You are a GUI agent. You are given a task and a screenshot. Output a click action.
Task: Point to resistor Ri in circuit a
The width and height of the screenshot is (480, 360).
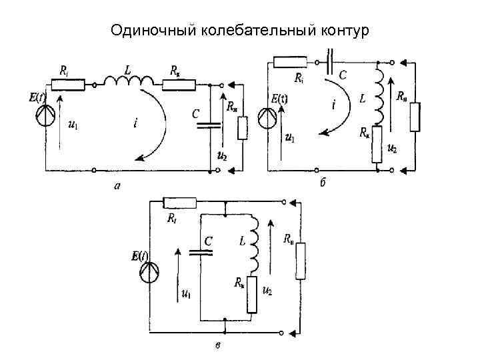click(69, 84)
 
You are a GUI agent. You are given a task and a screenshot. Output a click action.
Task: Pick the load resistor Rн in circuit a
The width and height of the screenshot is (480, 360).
click(243, 128)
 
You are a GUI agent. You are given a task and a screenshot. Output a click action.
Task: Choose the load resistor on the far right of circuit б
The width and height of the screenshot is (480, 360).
click(416, 117)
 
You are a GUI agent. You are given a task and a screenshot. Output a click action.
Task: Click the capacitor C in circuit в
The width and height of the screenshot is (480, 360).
click(200, 251)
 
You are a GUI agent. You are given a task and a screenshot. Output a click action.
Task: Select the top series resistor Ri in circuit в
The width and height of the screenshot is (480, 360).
click(180, 203)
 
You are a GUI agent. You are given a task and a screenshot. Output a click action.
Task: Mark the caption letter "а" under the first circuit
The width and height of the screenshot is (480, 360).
click(117, 187)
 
